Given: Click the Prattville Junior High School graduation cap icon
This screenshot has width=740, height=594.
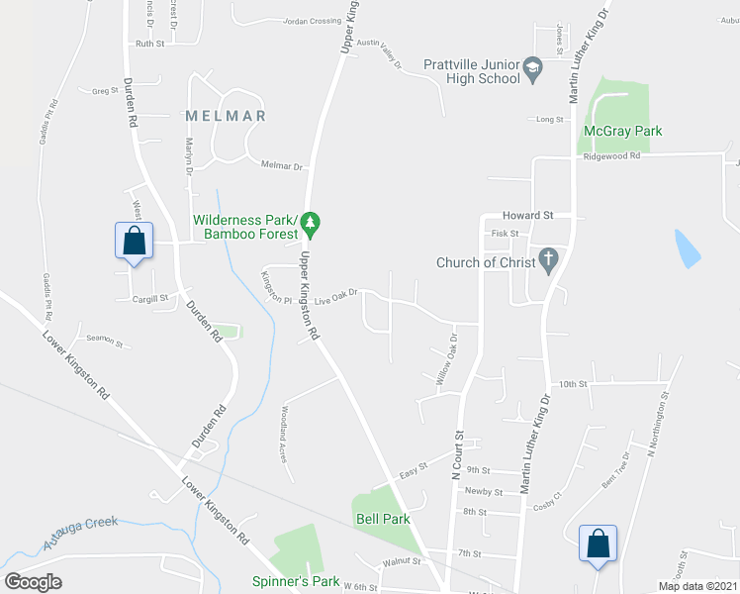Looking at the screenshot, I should coord(534,67).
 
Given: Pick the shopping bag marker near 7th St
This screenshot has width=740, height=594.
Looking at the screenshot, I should coord(598,544).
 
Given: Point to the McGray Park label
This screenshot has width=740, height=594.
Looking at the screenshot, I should coord(622,131).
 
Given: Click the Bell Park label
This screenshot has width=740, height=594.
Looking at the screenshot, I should coord(381,519).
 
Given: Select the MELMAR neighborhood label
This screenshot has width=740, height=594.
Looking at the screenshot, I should coord(226,116).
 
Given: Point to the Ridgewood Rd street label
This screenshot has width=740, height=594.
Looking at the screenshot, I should coord(611,156).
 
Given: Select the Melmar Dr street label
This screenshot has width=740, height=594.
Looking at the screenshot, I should coord(282,166).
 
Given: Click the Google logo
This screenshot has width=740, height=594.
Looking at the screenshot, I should coord(33,581).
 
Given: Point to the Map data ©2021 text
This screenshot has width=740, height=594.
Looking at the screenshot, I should coord(696,586).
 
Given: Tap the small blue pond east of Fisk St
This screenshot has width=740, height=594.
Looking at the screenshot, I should coord(687,248).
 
